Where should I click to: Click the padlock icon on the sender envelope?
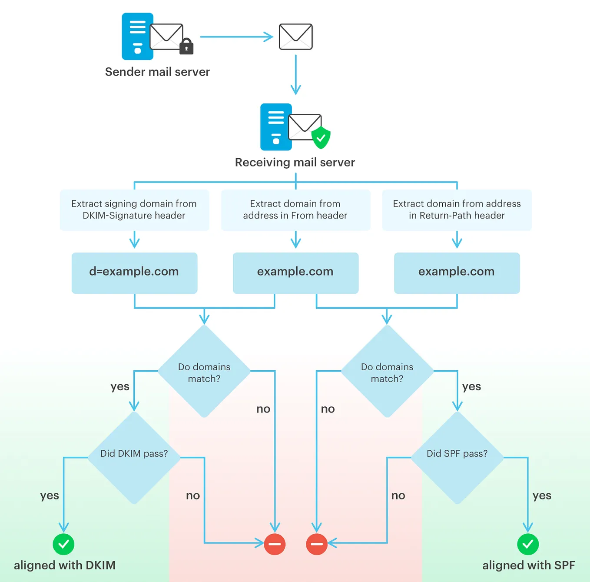[x=186, y=46]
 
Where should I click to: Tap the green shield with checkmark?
[x=321, y=138]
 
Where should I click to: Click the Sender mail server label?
[x=157, y=72]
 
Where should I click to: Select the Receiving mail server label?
[x=295, y=162]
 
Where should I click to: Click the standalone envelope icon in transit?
[x=295, y=37]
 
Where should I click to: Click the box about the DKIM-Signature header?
[x=134, y=210]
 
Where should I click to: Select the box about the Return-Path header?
[x=457, y=210]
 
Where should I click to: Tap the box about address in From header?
[x=295, y=210]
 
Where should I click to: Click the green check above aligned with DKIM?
[x=63, y=544]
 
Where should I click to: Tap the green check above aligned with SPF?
[x=528, y=544]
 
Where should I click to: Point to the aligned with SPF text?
[x=528, y=565]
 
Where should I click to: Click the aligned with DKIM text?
[x=65, y=565]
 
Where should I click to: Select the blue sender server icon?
[x=137, y=37]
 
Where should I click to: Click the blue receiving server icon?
[x=276, y=127]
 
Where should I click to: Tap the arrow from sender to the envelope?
[x=236, y=37]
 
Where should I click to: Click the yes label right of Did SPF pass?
[x=542, y=496]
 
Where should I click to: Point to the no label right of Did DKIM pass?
[x=193, y=496]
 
